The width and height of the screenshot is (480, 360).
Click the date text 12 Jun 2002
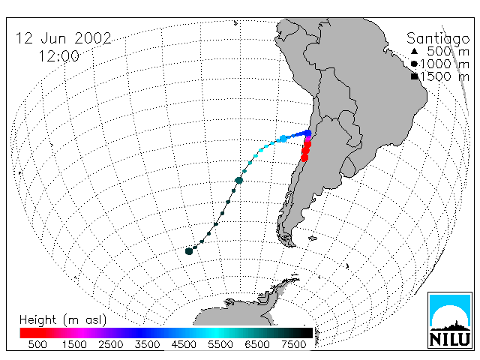coord(63,38)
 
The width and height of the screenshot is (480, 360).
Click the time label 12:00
coord(58,56)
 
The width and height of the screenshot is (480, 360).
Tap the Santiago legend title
coord(438,39)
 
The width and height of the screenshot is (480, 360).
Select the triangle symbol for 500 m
coord(414,51)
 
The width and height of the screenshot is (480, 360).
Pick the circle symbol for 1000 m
coord(414,64)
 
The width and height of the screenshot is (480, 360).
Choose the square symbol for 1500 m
coord(414,76)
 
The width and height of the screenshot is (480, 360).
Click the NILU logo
coord(450,320)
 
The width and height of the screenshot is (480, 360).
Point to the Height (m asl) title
coord(63,320)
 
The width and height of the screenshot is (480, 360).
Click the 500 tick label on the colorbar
coord(37,344)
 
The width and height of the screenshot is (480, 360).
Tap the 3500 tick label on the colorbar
coord(147,344)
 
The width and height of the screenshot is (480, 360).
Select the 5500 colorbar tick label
coord(220,344)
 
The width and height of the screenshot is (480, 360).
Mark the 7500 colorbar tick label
coord(293,344)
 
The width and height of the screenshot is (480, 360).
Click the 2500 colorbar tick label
coord(111,344)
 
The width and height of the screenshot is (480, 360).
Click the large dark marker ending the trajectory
coord(189,251)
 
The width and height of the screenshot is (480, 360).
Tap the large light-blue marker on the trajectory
coord(283,139)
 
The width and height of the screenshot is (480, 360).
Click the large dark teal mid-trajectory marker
coord(238,180)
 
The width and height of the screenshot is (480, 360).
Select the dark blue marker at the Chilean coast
coord(307,133)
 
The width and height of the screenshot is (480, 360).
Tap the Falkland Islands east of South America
coord(313,238)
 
